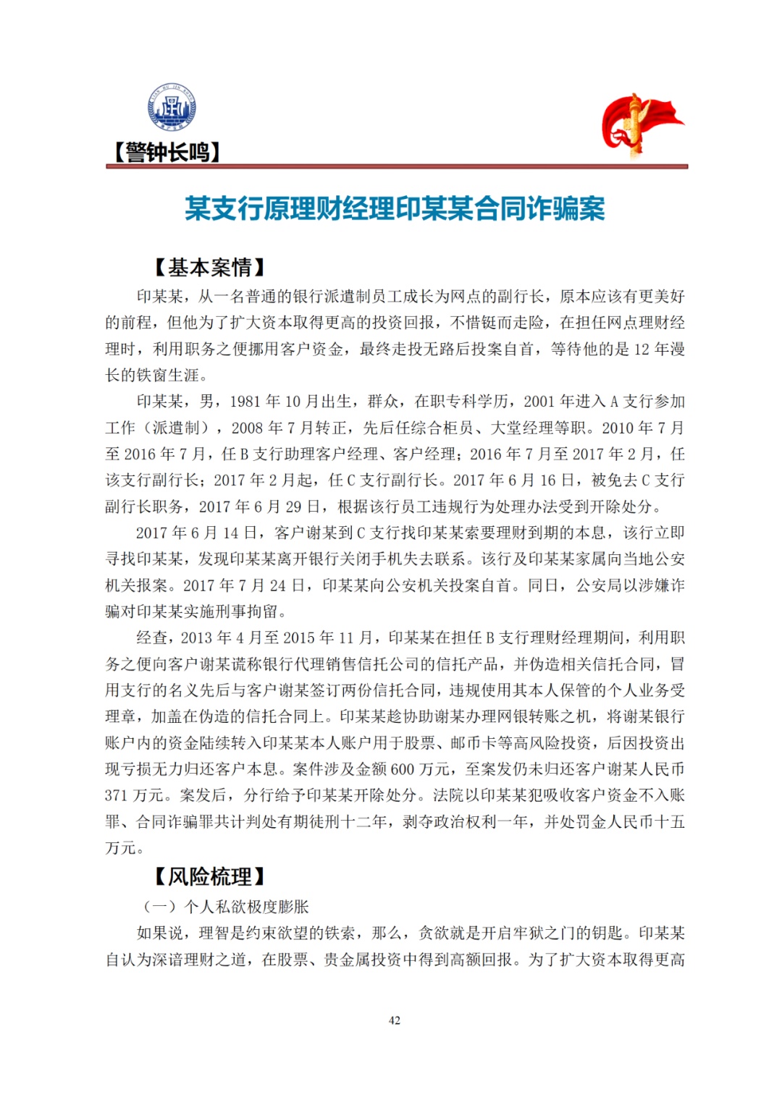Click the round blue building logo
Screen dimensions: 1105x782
[x=172, y=108]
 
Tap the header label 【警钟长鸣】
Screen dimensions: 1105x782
[x=166, y=153]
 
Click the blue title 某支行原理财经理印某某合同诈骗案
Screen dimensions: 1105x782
[x=395, y=209]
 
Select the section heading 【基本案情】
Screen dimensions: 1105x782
[x=210, y=268]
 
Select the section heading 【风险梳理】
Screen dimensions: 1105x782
[x=210, y=877]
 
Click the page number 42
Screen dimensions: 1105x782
[x=395, y=1020]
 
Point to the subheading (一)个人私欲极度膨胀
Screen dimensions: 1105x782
[x=226, y=907]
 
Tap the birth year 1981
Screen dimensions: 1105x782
[x=245, y=402]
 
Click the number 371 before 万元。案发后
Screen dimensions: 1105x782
[x=116, y=796]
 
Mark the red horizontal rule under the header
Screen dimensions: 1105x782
[x=397, y=166]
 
